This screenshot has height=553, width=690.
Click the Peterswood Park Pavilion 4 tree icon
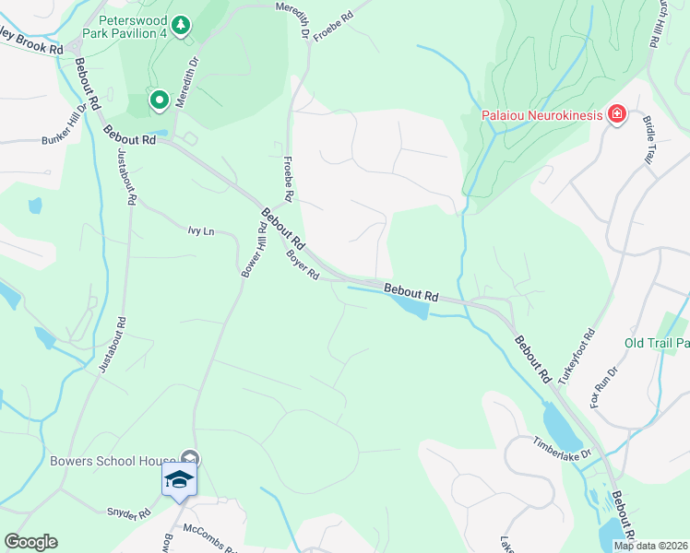182,24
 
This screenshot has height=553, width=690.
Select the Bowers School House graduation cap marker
179,480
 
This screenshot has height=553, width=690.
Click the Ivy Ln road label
200,231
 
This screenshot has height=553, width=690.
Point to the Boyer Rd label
302,265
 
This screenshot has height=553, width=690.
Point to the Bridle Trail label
649,141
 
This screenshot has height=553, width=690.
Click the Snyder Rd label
128,513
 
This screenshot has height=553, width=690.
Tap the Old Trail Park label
656,343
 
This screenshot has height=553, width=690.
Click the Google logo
30,542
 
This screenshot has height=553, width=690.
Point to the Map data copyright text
650,546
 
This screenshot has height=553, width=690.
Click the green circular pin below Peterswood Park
159,100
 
